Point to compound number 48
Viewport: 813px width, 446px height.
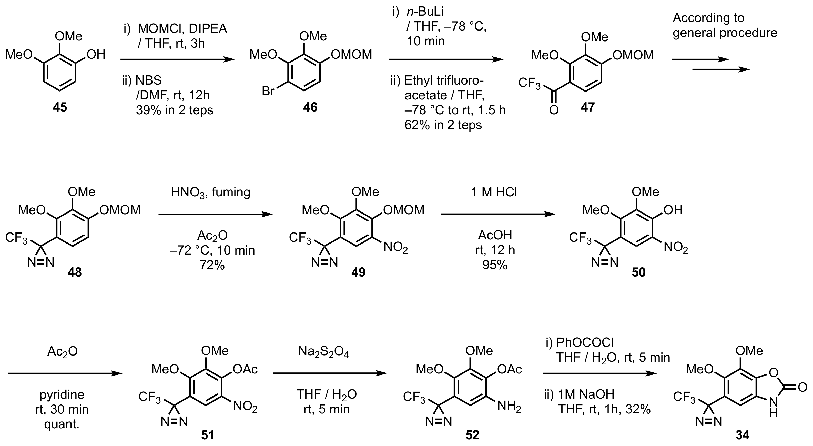coord(75,272)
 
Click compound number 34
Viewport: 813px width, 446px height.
coord(742,435)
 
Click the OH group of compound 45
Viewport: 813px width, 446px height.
coord(96,55)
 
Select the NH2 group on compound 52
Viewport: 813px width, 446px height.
coord(509,406)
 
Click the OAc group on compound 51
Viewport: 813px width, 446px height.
coord(245,369)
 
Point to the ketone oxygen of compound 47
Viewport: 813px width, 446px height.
coord(554,110)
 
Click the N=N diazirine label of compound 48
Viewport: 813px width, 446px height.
coord(41,262)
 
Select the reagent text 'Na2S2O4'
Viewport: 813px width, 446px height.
coord(323,352)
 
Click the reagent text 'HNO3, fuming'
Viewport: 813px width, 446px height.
coord(210,192)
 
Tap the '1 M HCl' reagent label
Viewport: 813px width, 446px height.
coord(494,192)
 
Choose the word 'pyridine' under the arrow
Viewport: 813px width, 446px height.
coord(62,394)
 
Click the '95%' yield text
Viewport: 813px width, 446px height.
coord(495,265)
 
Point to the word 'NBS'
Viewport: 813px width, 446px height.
coord(148,80)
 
